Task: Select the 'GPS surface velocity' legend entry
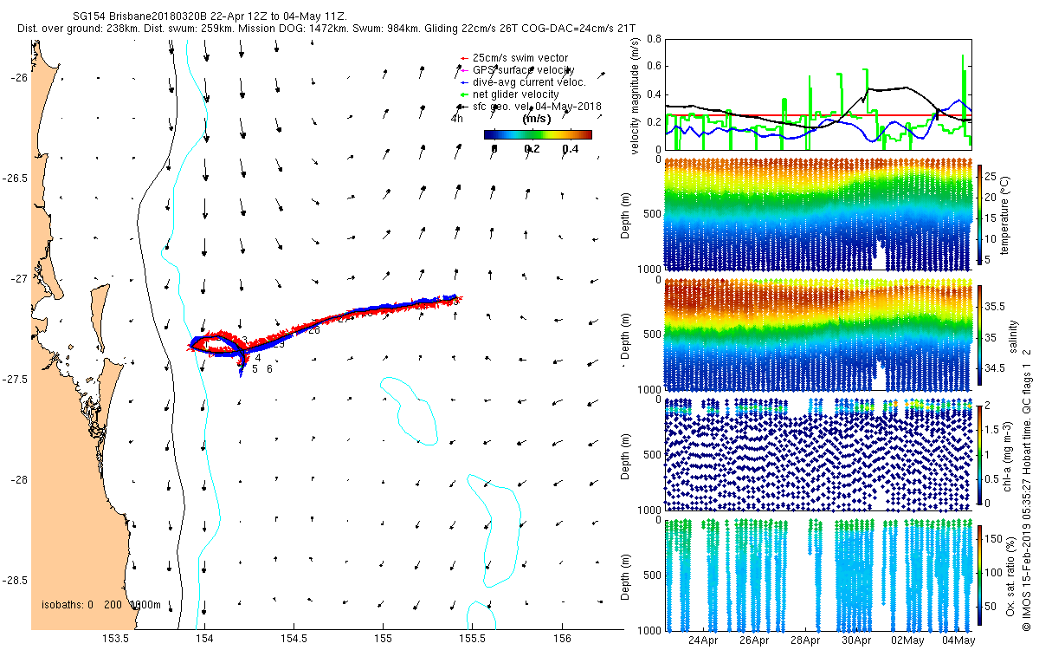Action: click(523, 70)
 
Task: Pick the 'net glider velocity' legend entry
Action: click(515, 94)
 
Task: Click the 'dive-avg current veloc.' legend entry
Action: click(529, 81)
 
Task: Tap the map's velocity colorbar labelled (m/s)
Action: click(538, 134)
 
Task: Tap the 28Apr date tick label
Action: click(806, 640)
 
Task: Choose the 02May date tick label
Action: click(909, 640)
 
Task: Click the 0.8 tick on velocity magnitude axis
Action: click(653, 39)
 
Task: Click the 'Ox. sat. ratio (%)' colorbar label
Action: click(1010, 576)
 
